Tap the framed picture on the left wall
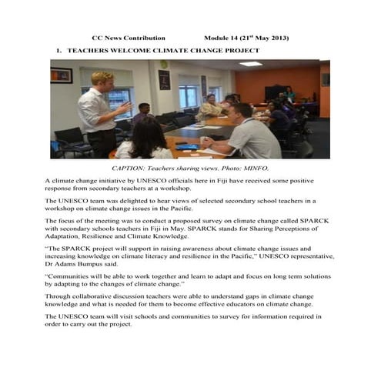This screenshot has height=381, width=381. coord(62,75)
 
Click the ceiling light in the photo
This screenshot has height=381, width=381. coord(250,63)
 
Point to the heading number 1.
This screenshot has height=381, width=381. coord(58,49)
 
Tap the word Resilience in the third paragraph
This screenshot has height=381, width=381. coord(105,236)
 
